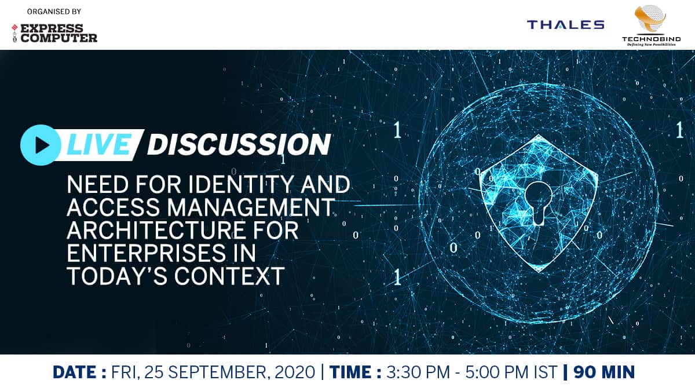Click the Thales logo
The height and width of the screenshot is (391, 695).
566,24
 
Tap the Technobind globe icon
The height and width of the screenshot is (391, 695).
650,19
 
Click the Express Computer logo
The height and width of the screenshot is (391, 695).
54,33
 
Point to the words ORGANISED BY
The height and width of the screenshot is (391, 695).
54,12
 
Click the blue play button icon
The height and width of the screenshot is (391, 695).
41,145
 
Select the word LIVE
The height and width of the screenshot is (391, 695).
98,145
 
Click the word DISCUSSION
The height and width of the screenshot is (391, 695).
239,145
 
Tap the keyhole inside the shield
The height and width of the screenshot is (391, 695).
539,203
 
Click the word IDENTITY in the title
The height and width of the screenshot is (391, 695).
240,184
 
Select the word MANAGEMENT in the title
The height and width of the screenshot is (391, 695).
251,207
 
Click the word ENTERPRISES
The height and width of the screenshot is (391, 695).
147,253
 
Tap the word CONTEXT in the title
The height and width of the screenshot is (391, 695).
229,276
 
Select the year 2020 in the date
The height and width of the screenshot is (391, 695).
295,372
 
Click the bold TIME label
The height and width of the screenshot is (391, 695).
355,372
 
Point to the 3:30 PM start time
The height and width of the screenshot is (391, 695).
418,372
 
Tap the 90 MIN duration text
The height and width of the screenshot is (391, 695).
604,372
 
